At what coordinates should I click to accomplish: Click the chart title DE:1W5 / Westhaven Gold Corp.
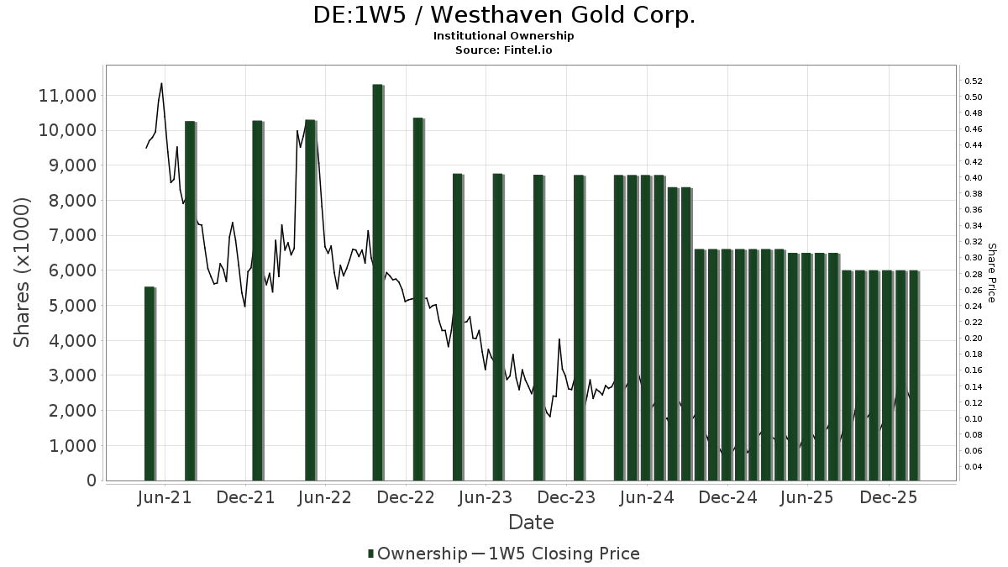click(x=504, y=15)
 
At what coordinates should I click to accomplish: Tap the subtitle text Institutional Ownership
click(x=504, y=36)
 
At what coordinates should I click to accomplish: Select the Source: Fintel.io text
click(x=504, y=50)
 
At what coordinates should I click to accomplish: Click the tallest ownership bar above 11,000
click(x=378, y=277)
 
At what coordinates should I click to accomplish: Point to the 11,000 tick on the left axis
click(x=67, y=96)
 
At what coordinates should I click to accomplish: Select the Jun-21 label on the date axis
click(x=164, y=497)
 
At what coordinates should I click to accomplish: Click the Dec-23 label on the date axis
click(x=566, y=497)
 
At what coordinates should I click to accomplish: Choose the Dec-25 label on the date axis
click(x=889, y=497)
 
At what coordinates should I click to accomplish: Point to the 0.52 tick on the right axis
click(x=974, y=81)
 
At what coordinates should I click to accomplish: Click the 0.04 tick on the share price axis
click(x=974, y=467)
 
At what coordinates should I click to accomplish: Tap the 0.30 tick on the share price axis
click(x=974, y=258)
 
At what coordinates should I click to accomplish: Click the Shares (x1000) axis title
click(x=24, y=272)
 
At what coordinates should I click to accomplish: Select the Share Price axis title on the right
click(x=991, y=272)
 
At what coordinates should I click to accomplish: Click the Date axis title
click(x=531, y=522)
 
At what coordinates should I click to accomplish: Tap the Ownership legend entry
click(x=417, y=554)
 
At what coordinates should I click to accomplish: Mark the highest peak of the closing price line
click(x=161, y=83)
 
